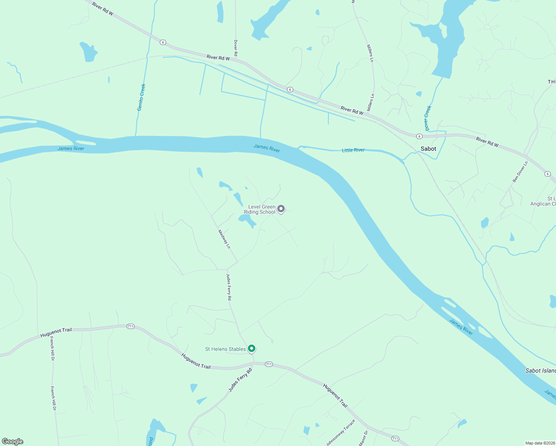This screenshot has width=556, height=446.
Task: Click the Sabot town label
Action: pos(428,149)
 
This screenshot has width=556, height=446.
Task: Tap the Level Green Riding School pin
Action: pos(281,209)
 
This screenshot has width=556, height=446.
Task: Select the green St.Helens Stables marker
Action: pos(252,348)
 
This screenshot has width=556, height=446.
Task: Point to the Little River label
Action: pos(353,150)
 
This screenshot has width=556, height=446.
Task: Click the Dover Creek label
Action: pos(428,118)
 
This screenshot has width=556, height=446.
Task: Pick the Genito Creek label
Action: pos(141,97)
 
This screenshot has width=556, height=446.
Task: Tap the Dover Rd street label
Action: pos(236,48)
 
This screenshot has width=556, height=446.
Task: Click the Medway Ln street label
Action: pos(224,239)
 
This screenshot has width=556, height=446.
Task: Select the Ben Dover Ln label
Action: pos(520,172)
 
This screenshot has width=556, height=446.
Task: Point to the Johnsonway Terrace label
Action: pos(340,432)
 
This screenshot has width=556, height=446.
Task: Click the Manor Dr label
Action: pos(363,438)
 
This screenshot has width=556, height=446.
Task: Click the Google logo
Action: pos(13,442)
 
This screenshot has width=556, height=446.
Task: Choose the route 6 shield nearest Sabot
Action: pos(419,136)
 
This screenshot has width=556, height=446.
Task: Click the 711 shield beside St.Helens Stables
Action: pos(269,364)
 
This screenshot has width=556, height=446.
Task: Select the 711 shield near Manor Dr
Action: pos(395,439)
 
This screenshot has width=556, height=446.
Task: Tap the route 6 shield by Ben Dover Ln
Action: pos(547,174)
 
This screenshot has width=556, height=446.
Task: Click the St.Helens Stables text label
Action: pos(225,349)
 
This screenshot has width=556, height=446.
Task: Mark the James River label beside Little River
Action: pos(266,148)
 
